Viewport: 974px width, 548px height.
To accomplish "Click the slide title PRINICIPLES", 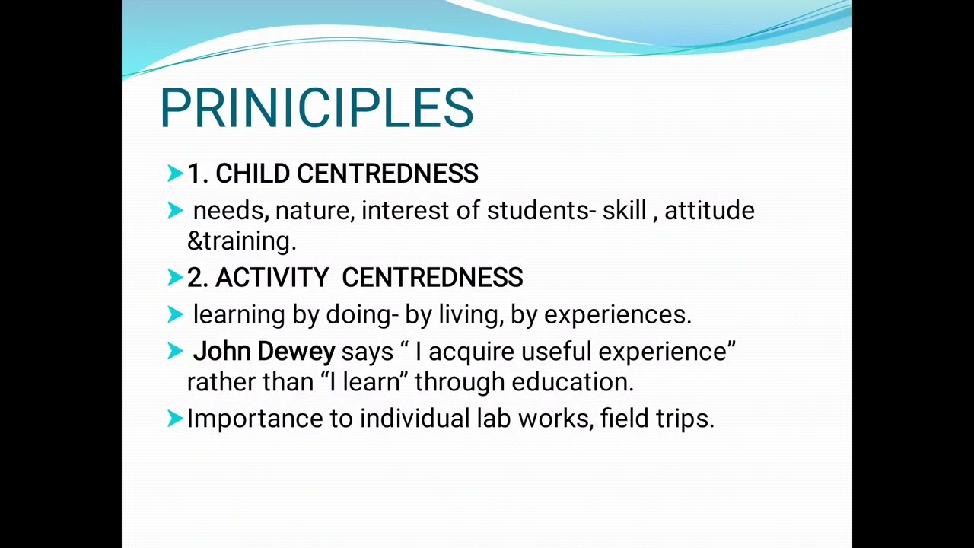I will coord(317,108).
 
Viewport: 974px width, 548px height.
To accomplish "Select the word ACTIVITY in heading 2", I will coord(272,278).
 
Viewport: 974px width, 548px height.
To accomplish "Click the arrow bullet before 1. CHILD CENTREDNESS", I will coord(175,174).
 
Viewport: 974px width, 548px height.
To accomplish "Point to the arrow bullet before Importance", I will coord(175,418).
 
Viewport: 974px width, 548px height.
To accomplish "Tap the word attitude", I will coord(709,211).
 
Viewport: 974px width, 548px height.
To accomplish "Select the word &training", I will coord(241,241).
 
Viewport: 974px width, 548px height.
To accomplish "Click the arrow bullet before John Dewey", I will coord(175,351).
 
